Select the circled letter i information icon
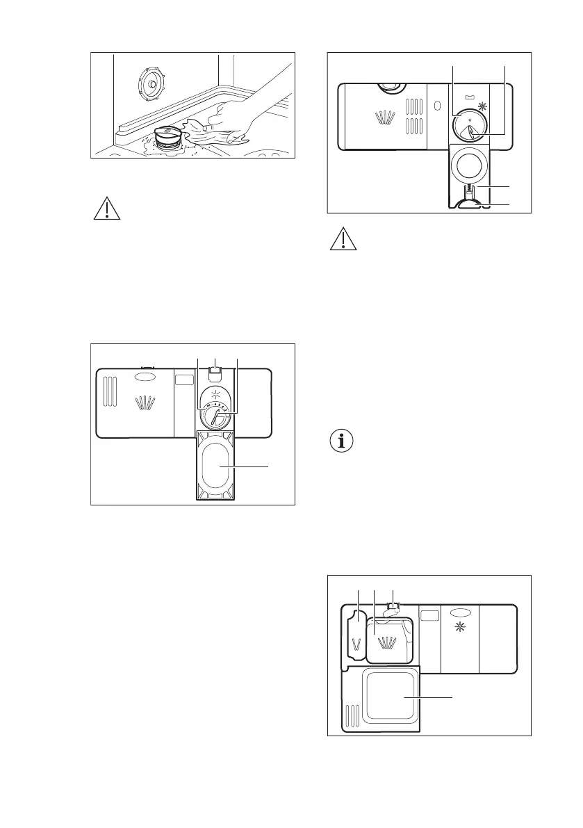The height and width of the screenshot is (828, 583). pos(341,441)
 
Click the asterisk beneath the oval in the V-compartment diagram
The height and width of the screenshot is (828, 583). pos(459,629)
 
